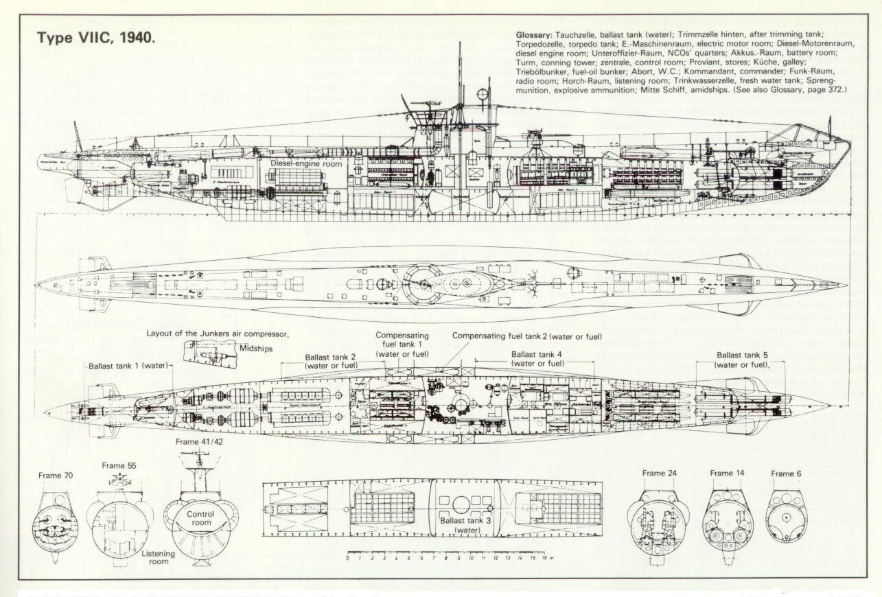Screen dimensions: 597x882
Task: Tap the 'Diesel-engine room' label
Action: [x=305, y=163]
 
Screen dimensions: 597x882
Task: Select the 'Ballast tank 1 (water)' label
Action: [x=128, y=366]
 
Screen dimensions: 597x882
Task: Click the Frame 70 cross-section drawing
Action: [x=56, y=523]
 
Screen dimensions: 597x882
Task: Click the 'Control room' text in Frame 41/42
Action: [x=200, y=518]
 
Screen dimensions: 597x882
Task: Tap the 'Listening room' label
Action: [x=159, y=557]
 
